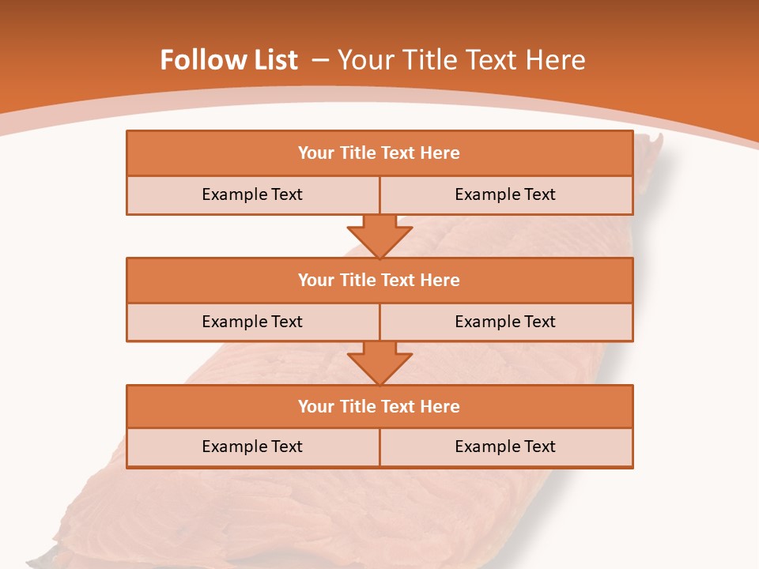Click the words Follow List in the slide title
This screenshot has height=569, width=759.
[x=228, y=60]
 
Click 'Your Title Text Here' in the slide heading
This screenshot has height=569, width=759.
[x=461, y=60]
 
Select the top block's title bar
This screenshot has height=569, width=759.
[x=379, y=153]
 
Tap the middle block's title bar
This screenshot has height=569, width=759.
[x=379, y=280]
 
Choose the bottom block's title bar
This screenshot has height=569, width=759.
[x=379, y=406]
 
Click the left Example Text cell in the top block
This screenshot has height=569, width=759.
[x=252, y=194]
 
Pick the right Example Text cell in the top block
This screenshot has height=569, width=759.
[x=505, y=194]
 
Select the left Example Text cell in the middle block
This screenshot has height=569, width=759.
[x=252, y=322]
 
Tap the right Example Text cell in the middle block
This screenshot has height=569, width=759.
[x=505, y=322]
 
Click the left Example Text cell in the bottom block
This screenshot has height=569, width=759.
[x=252, y=447]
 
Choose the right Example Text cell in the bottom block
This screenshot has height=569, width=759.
[x=505, y=447]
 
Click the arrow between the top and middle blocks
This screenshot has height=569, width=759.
[x=379, y=236]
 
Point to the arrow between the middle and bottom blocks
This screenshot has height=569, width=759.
[x=379, y=363]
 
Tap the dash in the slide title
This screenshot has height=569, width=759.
[x=320, y=60]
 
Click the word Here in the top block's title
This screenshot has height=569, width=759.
[x=440, y=153]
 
